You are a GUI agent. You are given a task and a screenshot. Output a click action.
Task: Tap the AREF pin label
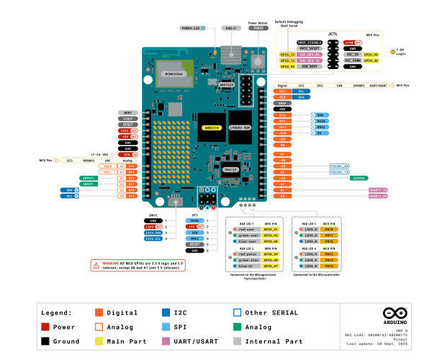pyautogui.click(x=282, y=103)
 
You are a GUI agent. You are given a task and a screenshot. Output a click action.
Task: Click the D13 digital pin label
pyautogui.click(x=282, y=115)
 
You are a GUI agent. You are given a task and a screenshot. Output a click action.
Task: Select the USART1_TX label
pyautogui.click(x=379, y=189)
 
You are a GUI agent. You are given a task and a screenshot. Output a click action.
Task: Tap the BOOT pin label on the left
pyautogui.click(x=127, y=113)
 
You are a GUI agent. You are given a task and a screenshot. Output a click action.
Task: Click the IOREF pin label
pyautogui.click(x=127, y=119)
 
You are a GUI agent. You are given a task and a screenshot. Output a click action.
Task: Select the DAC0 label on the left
pyautogui.click(x=107, y=166)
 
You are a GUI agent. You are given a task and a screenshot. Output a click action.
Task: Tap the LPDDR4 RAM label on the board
pyautogui.click(x=239, y=127)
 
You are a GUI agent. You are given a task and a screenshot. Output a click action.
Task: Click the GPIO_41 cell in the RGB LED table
pyautogui.click(x=271, y=229)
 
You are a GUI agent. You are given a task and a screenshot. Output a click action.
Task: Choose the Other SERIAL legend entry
pyautogui.click(x=263, y=312)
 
